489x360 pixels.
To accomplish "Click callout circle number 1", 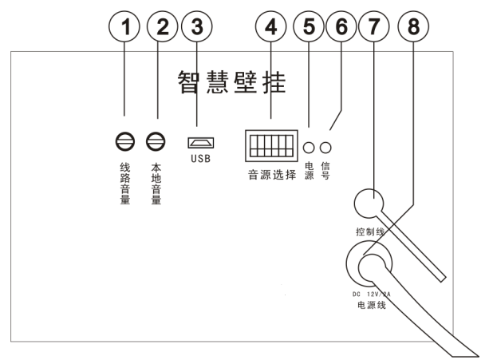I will point(124,26).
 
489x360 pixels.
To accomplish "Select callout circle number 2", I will point(162,26).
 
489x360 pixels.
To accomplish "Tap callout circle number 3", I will point(195,26).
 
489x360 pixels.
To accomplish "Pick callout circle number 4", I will point(272,26).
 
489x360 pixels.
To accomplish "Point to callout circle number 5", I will point(310,26).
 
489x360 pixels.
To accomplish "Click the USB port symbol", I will point(200,143).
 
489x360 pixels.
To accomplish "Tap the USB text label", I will point(200,159).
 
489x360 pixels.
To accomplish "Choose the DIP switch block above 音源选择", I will point(271,144).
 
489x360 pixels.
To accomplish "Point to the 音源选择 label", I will point(271,173).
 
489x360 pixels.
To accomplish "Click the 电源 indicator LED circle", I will point(310,148).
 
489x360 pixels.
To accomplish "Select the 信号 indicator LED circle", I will point(325,148).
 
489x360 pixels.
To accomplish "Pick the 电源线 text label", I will point(372,305).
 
